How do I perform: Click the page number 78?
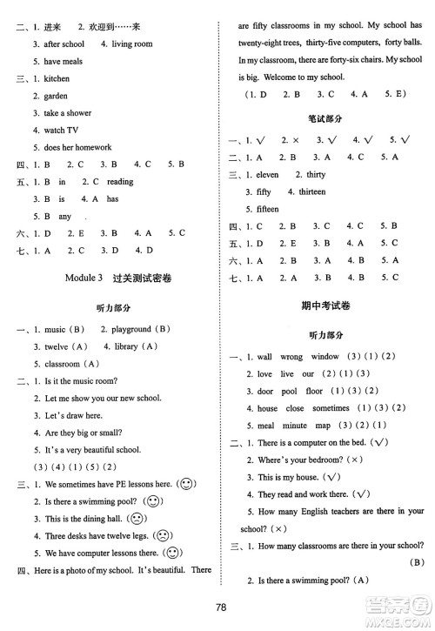218,608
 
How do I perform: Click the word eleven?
266,174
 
